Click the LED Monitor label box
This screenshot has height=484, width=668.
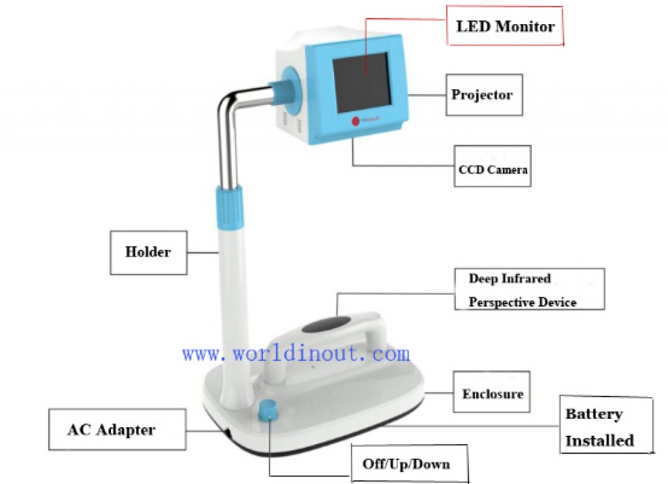tap(505, 25)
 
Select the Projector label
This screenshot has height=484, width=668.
tap(485, 95)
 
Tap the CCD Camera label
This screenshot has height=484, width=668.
tap(493, 166)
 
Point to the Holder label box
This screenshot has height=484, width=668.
tap(148, 252)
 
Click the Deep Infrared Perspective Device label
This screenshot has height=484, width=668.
tap(530, 289)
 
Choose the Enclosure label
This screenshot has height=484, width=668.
tap(492, 391)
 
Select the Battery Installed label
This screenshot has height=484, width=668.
tap(606, 425)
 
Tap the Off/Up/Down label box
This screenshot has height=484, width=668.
tap(410, 464)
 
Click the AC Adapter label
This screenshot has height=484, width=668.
tap(117, 429)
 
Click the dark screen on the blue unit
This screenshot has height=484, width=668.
tap(362, 82)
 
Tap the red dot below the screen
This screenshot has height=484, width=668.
tap(356, 121)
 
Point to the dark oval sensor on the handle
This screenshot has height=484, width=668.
tap(326, 325)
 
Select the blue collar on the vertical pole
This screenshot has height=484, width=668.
tap(229, 207)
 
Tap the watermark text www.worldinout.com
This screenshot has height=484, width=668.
tap(296, 354)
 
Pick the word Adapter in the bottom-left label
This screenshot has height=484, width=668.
tap(126, 429)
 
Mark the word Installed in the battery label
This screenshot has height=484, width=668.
tap(600, 440)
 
